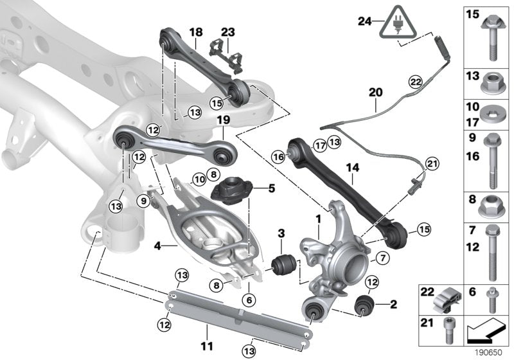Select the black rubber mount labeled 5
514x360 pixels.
(x=229, y=191)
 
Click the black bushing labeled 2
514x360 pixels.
(x=364, y=305)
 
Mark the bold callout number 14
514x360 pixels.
(x=351, y=168)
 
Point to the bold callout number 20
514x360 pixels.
(x=375, y=93)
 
